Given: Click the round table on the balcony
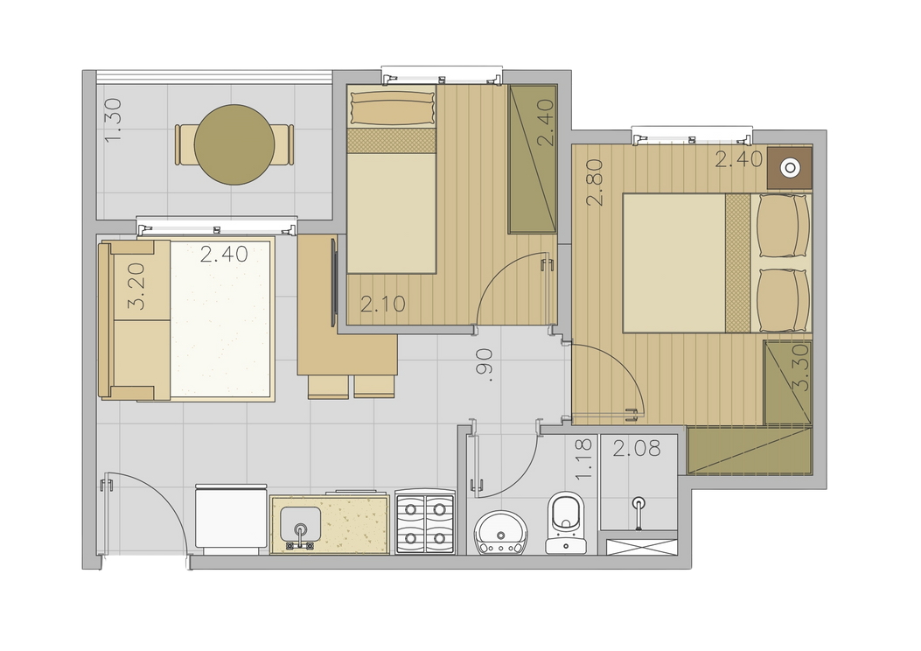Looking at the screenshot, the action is [x=234, y=144].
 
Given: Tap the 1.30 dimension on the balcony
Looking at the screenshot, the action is [x=113, y=120].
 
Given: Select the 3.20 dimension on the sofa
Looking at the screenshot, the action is [x=136, y=286].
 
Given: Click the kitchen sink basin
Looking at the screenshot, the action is [x=301, y=525].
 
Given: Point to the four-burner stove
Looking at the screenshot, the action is [x=425, y=521].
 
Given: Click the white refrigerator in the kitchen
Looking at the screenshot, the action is [x=231, y=519].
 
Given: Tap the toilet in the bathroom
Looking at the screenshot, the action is [x=566, y=523].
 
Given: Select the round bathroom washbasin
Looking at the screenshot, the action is [x=501, y=533].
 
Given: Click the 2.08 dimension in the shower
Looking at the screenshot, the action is [x=637, y=449].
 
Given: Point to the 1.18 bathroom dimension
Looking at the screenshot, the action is [x=584, y=459].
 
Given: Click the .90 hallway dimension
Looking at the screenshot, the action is [x=485, y=365].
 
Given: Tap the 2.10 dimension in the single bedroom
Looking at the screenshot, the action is [x=383, y=304].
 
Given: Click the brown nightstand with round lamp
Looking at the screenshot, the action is [x=790, y=167].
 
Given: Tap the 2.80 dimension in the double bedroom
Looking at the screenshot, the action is [x=595, y=182].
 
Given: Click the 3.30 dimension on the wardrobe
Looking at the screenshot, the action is [x=801, y=367].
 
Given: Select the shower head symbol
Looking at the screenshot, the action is [x=638, y=513].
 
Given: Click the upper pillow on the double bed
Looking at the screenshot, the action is [x=784, y=225].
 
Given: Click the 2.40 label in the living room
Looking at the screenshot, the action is [x=224, y=255].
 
